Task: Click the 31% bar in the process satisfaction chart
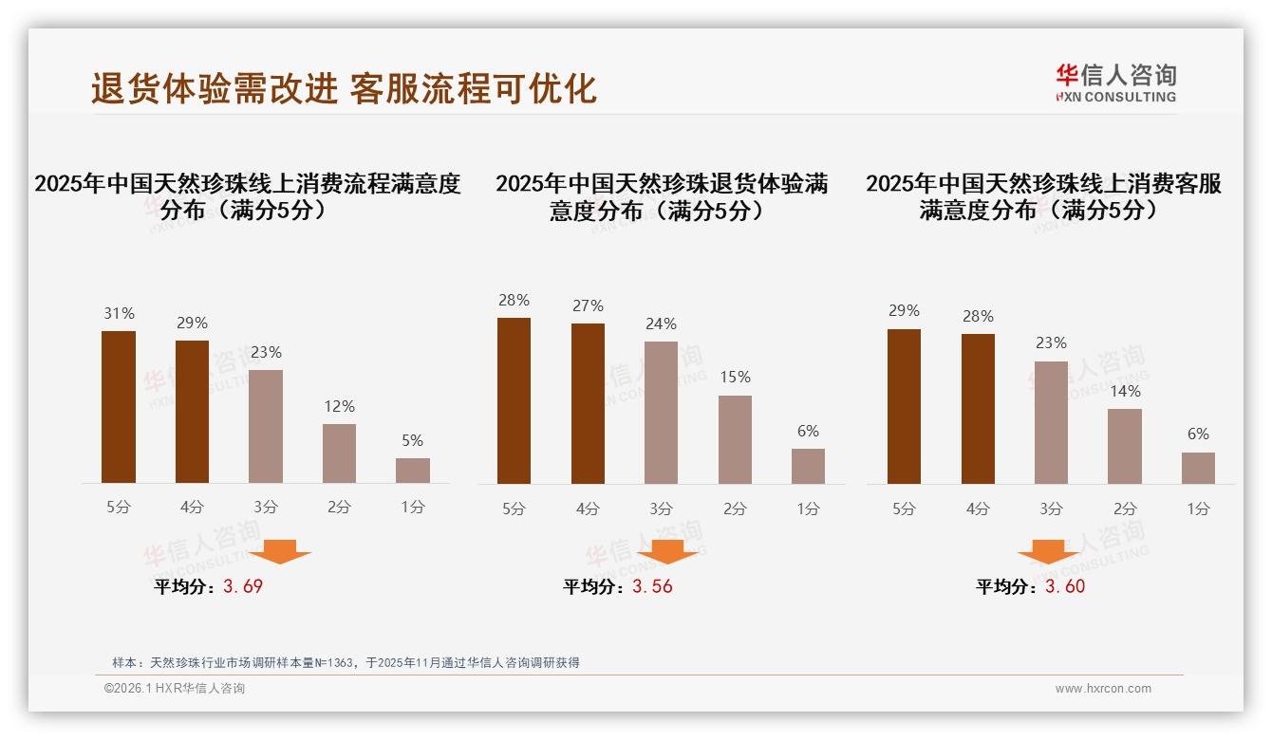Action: coord(119,407)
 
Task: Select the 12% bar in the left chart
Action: coord(339,453)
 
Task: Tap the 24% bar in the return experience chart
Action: coord(661,413)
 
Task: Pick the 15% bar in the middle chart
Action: coord(735,439)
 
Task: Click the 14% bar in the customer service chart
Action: coord(1125,446)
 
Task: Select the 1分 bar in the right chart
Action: coord(1198,468)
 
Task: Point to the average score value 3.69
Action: coord(243,586)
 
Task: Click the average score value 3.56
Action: coord(652,586)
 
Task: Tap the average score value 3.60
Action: coord(1065,586)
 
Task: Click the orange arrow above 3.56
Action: coord(667,551)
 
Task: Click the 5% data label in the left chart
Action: coord(412,441)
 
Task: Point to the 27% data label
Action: coord(588,306)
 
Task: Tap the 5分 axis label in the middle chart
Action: coord(514,509)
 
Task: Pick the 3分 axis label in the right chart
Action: coord(1051,509)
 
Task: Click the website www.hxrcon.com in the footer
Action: coord(1103,689)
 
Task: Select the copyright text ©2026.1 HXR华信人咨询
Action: coord(175,689)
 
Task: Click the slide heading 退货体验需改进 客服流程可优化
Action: coord(344,88)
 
